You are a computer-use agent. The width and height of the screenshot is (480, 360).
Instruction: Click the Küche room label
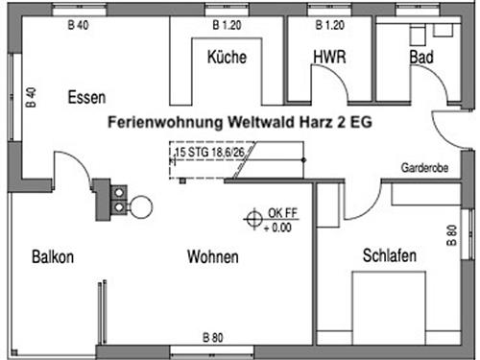[x=227, y=58]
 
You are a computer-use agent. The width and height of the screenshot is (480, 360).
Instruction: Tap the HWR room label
[x=329, y=58]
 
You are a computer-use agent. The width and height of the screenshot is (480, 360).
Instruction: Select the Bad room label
[x=420, y=58]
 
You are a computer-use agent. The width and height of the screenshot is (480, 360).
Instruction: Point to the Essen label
[x=86, y=97]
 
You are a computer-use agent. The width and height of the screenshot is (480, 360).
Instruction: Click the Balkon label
[x=52, y=257]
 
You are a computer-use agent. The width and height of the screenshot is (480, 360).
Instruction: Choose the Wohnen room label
[x=212, y=257]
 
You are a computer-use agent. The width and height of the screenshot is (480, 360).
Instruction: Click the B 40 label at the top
[x=79, y=25]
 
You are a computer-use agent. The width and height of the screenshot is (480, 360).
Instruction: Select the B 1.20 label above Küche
[x=227, y=25]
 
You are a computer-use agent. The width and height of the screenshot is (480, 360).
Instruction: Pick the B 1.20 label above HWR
[x=329, y=25]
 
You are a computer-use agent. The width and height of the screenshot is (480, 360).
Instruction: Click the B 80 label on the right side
[x=450, y=236]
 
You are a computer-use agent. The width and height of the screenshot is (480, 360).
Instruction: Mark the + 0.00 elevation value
[x=280, y=228]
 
